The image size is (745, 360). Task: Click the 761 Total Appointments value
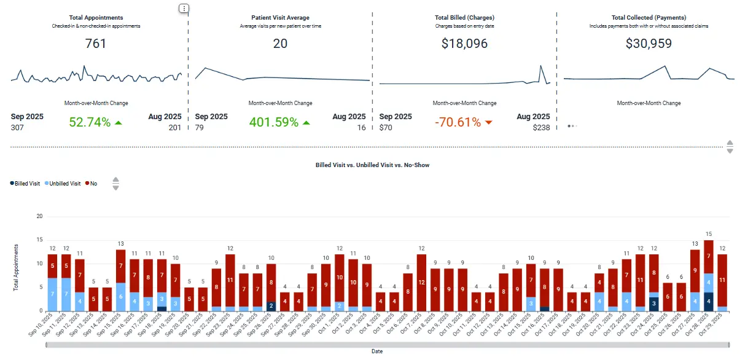pos(95,44)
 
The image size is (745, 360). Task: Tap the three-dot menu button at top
pos(184,9)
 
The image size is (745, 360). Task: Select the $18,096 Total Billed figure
pos(464,44)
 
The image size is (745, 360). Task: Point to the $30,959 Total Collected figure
pos(649,44)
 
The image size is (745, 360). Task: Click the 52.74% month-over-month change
pos(90,122)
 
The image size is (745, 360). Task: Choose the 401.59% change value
pos(274,122)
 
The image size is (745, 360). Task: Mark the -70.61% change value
pos(458,122)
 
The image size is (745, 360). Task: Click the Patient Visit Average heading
pos(280,18)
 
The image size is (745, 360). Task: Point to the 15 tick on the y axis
pos(39,240)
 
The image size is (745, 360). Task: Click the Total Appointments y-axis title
pos(17,268)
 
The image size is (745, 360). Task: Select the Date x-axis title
pos(377,351)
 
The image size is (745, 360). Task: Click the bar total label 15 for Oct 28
pos(708,234)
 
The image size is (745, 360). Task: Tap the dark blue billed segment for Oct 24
pos(654,303)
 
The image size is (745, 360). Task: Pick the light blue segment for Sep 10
pos(52,294)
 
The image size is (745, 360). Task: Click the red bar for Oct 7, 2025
pos(421,283)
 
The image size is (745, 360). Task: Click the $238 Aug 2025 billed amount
pos(541,128)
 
